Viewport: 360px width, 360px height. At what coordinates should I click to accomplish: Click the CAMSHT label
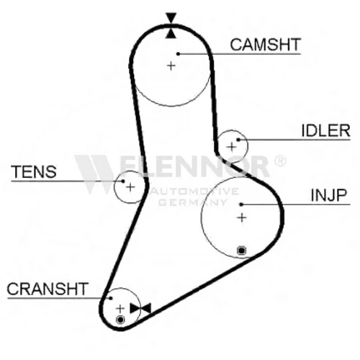point(265,45)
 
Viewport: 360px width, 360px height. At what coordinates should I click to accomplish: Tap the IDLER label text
point(325,131)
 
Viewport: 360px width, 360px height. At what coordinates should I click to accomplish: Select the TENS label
point(34,172)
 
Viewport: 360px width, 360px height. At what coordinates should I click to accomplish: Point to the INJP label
point(329,195)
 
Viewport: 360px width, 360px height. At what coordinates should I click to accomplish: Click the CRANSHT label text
point(48,289)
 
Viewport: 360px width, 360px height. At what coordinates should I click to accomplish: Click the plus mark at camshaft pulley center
point(171,66)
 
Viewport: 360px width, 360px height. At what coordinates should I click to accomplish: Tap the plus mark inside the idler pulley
point(232,147)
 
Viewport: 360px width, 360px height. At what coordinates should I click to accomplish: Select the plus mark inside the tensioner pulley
point(130,187)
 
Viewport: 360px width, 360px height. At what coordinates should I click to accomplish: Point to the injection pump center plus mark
point(242,218)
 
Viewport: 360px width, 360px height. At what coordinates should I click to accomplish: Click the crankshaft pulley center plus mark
point(120,309)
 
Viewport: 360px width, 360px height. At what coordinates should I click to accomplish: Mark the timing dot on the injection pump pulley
point(241,251)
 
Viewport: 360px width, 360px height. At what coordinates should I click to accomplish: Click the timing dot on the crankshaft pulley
point(120,320)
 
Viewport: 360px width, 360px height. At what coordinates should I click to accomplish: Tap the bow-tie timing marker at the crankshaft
point(140,308)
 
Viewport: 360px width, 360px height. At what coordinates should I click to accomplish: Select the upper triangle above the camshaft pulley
point(171,17)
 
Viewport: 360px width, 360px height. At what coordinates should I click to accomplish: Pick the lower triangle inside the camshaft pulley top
point(171,33)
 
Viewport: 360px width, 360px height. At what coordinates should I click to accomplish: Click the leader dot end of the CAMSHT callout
point(178,54)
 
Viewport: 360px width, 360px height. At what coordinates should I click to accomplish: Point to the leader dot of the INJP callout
point(241,204)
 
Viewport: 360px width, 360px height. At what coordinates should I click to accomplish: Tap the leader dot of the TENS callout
point(123,181)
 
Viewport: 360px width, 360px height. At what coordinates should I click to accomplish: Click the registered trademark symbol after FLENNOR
point(280,161)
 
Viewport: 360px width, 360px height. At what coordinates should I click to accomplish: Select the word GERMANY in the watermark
point(193,202)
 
